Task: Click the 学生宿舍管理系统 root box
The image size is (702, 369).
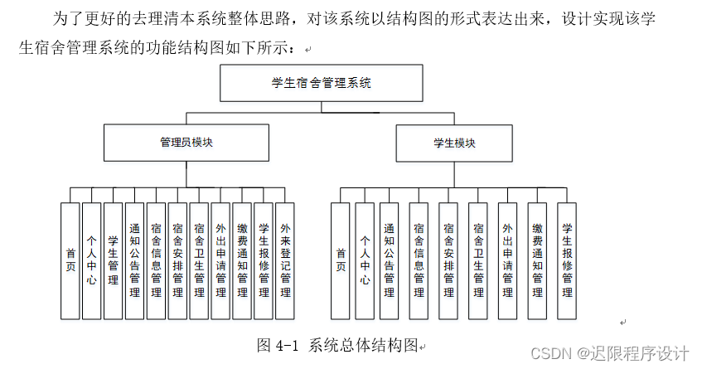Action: click(x=322, y=83)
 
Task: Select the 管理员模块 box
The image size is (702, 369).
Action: click(x=186, y=143)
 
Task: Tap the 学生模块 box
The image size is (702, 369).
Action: click(x=454, y=143)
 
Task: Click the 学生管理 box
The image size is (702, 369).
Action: click(x=113, y=261)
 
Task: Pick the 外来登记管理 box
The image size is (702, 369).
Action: click(x=285, y=261)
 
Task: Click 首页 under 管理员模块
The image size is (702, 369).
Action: click(x=70, y=261)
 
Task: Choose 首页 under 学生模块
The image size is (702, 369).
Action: click(x=340, y=261)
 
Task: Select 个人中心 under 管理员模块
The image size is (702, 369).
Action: click(x=91, y=261)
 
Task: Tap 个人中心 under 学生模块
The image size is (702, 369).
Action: click(x=365, y=261)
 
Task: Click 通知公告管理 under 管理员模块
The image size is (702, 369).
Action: click(x=134, y=261)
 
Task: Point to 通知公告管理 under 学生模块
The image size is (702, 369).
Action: click(x=389, y=261)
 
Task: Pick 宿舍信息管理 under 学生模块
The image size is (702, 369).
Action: click(x=419, y=261)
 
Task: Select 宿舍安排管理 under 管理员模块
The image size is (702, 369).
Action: click(x=177, y=261)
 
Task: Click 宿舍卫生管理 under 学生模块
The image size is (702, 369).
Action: click(x=477, y=261)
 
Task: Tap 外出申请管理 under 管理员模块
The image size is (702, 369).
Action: click(x=220, y=261)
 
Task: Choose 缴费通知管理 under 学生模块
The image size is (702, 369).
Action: click(x=537, y=261)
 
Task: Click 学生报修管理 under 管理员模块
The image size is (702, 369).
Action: click(x=264, y=261)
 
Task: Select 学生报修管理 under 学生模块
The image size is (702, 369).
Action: click(x=567, y=261)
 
